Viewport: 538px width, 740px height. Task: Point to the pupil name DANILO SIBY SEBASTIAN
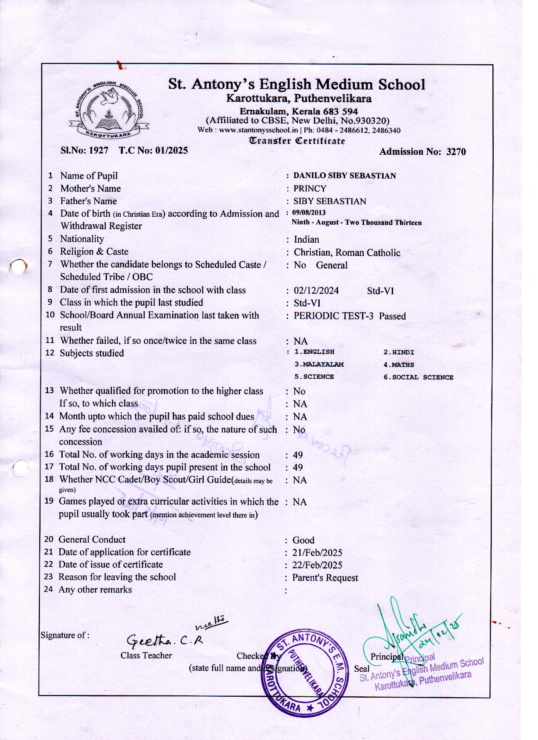(x=344, y=176)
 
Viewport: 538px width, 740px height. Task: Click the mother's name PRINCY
(x=310, y=189)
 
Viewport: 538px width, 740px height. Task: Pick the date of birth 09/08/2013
(x=309, y=213)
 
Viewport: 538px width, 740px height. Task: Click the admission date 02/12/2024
(x=316, y=291)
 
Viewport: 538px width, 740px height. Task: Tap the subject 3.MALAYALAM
(x=319, y=364)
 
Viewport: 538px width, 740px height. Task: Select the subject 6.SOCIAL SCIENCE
(x=418, y=377)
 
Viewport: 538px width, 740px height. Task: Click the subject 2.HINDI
(x=399, y=352)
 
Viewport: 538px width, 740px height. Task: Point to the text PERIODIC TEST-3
(x=333, y=316)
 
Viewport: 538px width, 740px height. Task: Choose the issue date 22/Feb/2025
(x=317, y=565)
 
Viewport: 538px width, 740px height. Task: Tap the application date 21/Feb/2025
(x=317, y=553)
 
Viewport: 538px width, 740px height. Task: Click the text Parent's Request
(x=325, y=578)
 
